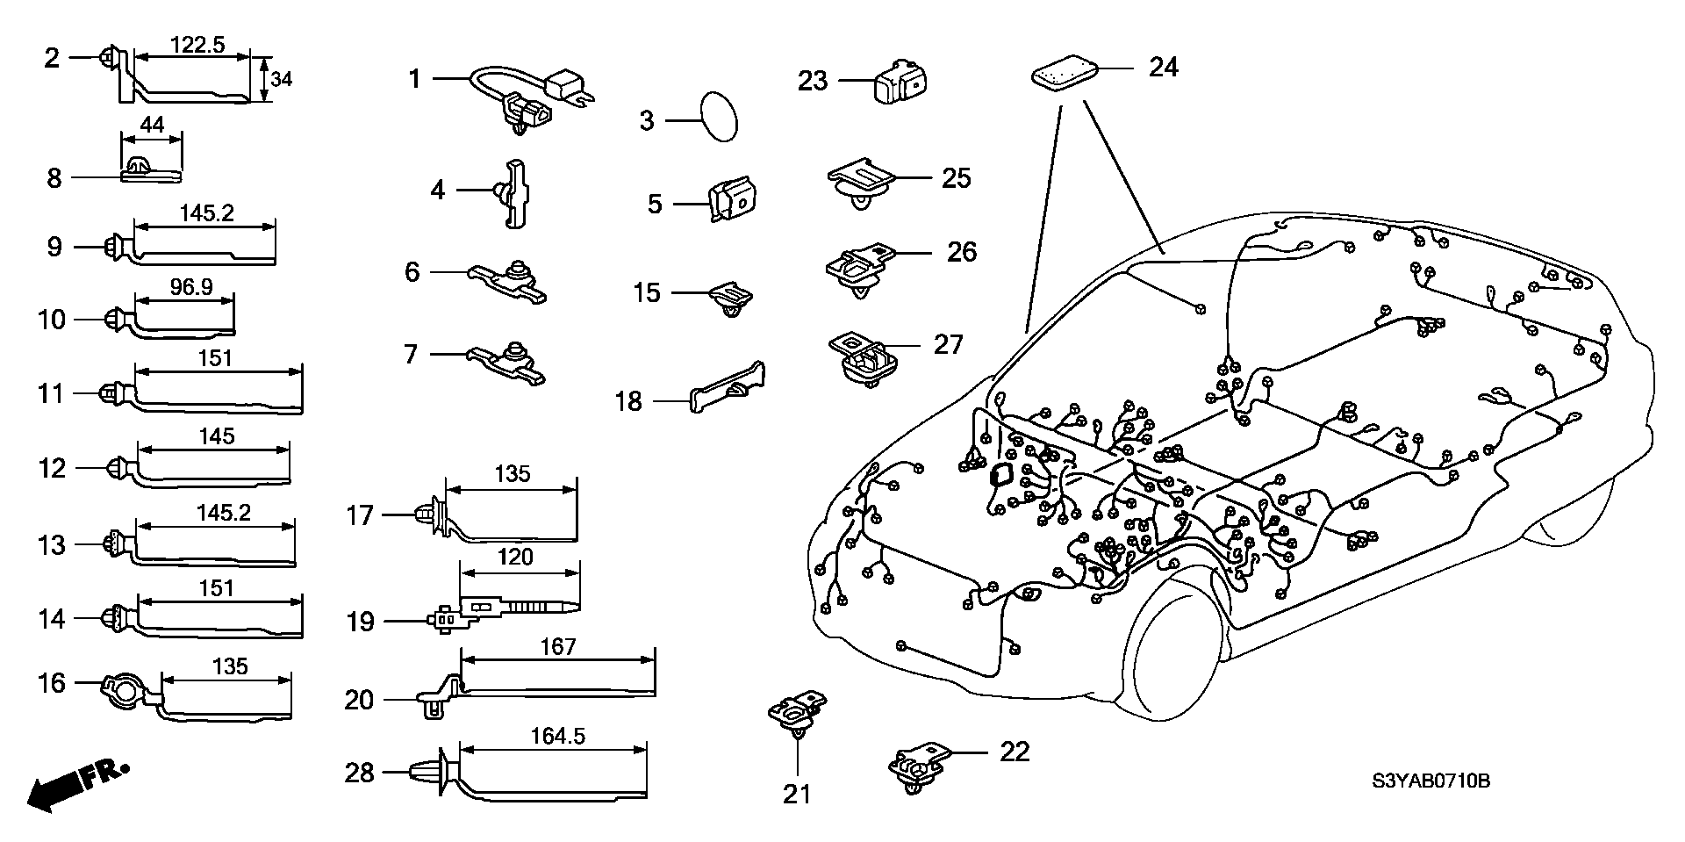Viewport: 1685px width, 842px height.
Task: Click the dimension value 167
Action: point(558,647)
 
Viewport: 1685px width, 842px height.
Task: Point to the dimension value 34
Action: point(281,79)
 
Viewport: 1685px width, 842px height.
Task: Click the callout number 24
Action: point(1163,67)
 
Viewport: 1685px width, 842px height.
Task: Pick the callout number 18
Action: point(628,402)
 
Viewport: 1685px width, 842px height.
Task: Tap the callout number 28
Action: point(360,773)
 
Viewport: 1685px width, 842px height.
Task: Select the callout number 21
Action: point(796,794)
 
